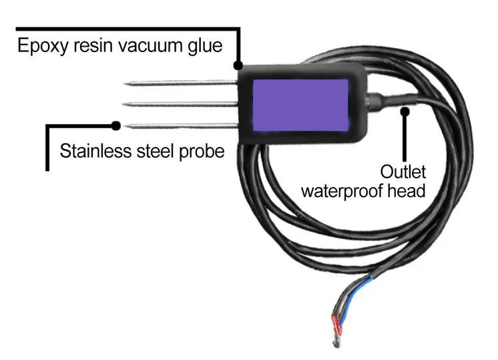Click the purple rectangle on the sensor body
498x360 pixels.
pos(301,104)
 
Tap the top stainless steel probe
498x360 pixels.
pos(180,83)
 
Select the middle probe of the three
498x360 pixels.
pos(180,104)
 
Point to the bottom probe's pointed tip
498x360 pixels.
pos(127,125)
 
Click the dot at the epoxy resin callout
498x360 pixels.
pos(238,65)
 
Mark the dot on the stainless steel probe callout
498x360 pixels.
pos(116,125)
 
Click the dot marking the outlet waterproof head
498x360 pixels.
pos(405,111)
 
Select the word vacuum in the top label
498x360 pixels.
pos(162,47)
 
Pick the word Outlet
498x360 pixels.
pos(403,171)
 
